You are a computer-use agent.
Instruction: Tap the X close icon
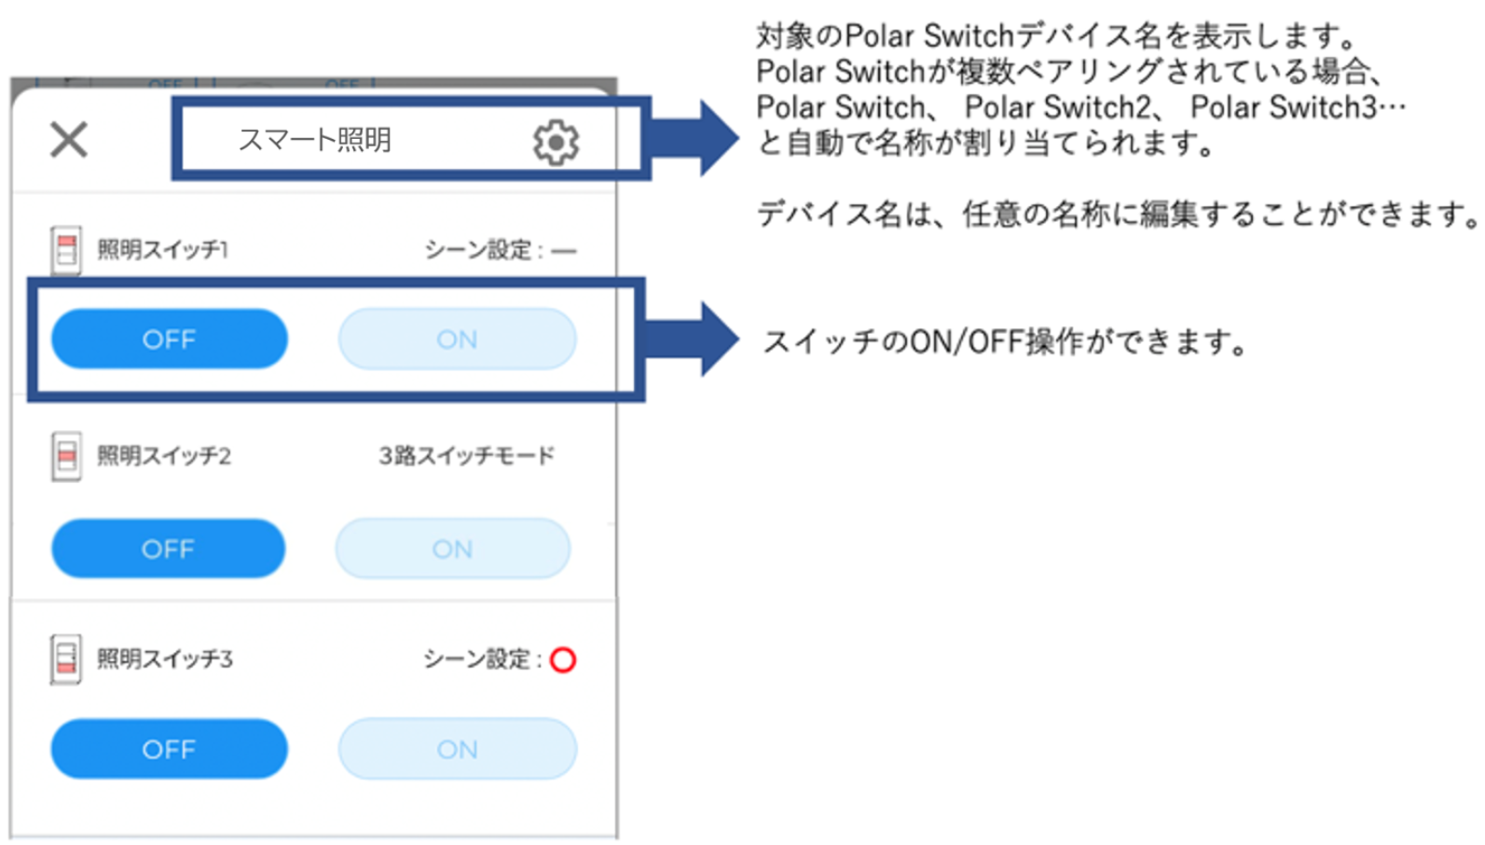(x=69, y=141)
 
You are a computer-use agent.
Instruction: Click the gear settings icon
(x=556, y=143)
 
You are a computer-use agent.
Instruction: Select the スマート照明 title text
(x=315, y=140)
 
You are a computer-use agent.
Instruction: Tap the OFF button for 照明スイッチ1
(x=169, y=339)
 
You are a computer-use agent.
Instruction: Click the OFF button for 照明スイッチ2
(x=168, y=548)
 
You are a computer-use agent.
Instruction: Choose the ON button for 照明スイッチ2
(x=452, y=548)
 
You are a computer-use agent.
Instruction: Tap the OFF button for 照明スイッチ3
(x=169, y=749)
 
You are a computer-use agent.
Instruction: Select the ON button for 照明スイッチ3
(x=457, y=749)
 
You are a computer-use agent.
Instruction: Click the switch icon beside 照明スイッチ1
(x=66, y=250)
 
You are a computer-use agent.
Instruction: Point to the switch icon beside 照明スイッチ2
(x=66, y=456)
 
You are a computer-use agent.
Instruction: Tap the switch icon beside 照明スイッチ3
(x=66, y=659)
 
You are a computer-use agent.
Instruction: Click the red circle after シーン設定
(x=563, y=660)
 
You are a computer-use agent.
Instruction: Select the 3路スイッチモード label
(x=466, y=456)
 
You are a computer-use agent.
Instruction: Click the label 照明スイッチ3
(x=165, y=659)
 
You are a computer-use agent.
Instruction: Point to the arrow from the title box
(x=694, y=138)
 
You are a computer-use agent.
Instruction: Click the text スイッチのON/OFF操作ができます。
(x=1005, y=342)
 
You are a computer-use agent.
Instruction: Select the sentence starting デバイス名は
(x=1117, y=215)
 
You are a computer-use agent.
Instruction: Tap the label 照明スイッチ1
(x=163, y=250)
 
